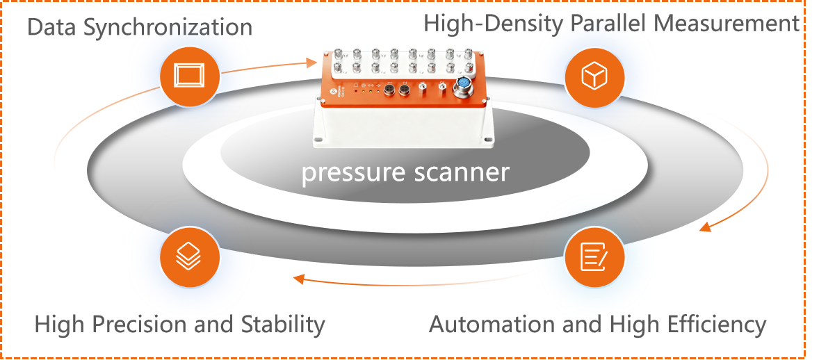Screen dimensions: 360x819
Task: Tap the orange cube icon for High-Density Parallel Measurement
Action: coord(594,76)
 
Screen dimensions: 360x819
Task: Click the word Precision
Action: coord(152,324)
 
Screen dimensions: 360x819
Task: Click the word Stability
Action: coord(283,324)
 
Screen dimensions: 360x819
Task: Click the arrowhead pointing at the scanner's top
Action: coord(310,63)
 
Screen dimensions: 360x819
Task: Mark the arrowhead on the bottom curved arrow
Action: coord(298,279)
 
